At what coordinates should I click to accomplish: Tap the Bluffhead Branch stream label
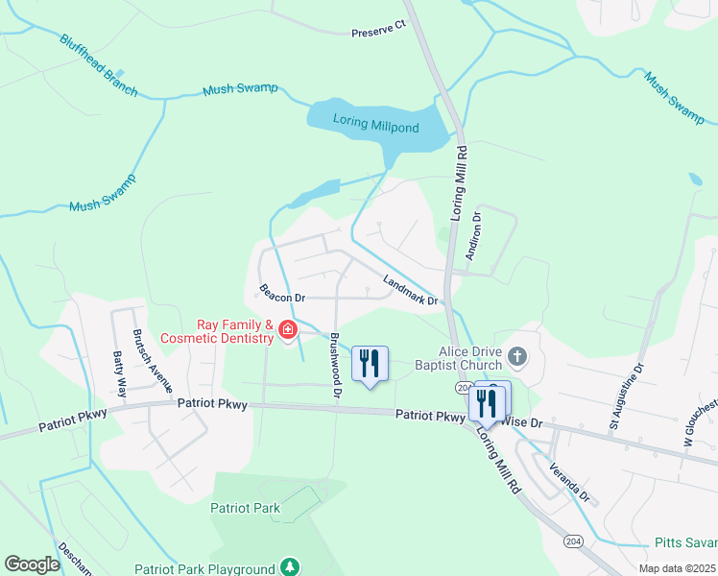[98, 66]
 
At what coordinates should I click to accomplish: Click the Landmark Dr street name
[410, 291]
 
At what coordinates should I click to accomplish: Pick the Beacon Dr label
[281, 293]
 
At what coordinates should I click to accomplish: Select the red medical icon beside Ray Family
[286, 331]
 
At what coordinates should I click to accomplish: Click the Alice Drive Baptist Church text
[458, 358]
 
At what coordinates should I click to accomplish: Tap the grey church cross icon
[516, 358]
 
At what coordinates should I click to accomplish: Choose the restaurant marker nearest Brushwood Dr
[370, 364]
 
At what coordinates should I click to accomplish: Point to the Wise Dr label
[525, 422]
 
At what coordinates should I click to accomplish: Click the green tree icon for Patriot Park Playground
[288, 568]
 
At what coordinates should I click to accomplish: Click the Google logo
[32, 564]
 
